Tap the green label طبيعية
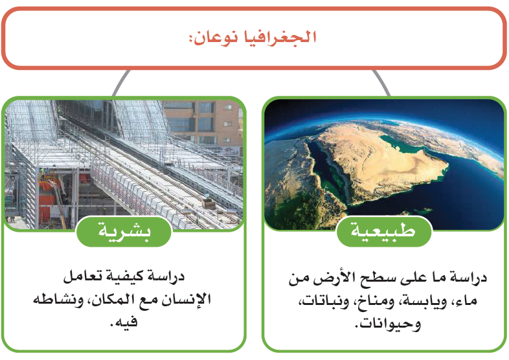(x=384, y=231)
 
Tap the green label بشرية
(x=124, y=231)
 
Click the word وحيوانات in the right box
(x=388, y=324)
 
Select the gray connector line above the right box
(x=381, y=82)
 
